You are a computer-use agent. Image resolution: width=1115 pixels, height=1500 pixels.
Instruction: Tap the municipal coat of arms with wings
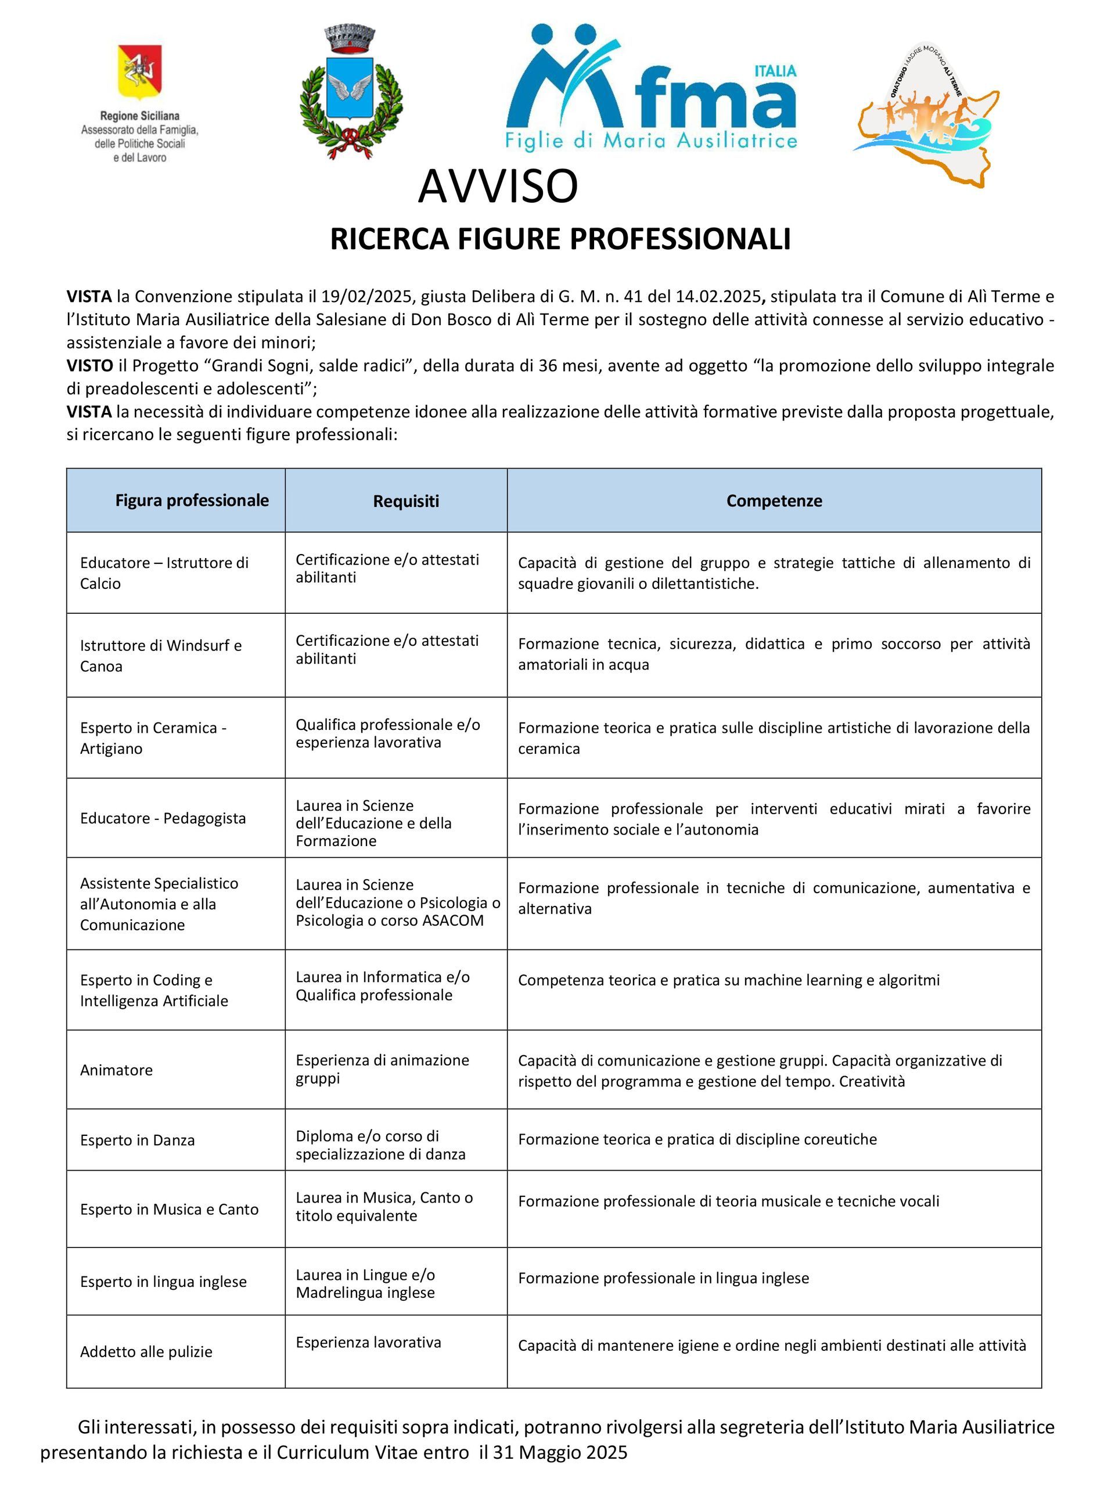(x=350, y=92)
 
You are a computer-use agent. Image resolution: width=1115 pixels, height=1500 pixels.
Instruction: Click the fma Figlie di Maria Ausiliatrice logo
(x=652, y=88)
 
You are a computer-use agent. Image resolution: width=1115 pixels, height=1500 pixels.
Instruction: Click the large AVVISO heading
(x=498, y=186)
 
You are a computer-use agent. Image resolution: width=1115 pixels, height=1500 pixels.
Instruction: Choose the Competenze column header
(x=774, y=501)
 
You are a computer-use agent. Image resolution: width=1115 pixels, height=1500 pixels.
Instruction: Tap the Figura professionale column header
(x=192, y=500)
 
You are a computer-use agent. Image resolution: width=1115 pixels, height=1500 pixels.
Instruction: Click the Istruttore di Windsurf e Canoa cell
(x=161, y=655)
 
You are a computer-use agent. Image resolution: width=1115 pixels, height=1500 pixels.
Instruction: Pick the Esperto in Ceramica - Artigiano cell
(x=153, y=738)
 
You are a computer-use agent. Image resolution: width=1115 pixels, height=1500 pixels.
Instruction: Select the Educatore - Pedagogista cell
(x=163, y=818)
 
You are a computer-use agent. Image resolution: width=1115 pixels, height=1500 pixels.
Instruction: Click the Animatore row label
(x=116, y=1070)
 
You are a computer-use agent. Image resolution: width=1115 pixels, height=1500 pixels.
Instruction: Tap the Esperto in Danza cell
(x=137, y=1140)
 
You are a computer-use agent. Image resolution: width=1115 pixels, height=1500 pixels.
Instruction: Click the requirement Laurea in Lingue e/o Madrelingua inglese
(x=365, y=1283)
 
